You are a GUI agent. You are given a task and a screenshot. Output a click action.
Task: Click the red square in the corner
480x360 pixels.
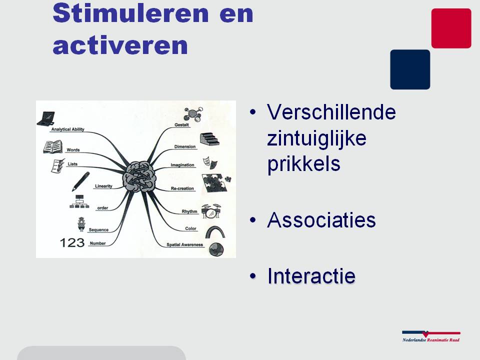pyautogui.click(x=451, y=28)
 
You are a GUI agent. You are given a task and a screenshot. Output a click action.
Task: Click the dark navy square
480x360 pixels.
pyautogui.click(x=410, y=69)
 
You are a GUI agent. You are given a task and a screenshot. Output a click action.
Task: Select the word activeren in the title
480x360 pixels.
pyautogui.click(x=120, y=45)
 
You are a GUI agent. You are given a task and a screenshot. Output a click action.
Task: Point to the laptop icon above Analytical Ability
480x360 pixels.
pyautogui.click(x=46, y=118)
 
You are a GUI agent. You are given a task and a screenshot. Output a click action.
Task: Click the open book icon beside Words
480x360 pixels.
pyautogui.click(x=53, y=147)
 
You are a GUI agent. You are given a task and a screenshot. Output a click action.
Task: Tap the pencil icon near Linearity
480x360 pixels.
pyautogui.click(x=81, y=181)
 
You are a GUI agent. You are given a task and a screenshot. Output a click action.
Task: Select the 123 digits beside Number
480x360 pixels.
pyautogui.click(x=72, y=243)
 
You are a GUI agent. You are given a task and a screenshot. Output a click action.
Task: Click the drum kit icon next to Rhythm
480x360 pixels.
pyautogui.click(x=211, y=211)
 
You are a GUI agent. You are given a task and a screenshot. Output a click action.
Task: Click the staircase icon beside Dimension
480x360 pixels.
pyautogui.click(x=209, y=139)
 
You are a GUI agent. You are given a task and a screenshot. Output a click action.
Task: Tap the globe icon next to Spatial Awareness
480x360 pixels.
pyautogui.click(x=216, y=249)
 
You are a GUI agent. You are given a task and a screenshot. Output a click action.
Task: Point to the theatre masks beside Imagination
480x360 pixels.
pyautogui.click(x=210, y=162)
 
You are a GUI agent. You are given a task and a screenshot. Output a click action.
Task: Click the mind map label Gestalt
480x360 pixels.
pyautogui.click(x=181, y=124)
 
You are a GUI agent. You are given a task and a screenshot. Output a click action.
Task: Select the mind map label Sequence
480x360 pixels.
pyautogui.click(x=98, y=229)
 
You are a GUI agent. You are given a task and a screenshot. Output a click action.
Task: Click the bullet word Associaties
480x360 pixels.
pyautogui.click(x=321, y=220)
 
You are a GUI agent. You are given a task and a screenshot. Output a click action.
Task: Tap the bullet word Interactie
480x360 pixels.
pyautogui.click(x=311, y=276)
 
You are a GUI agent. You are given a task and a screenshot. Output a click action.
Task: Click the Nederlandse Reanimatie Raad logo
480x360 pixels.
pyautogui.click(x=431, y=336)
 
